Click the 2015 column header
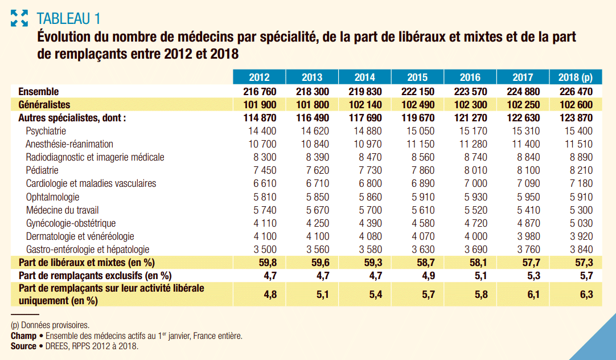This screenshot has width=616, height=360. (x=417, y=77)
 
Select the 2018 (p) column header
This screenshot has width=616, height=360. (x=576, y=77)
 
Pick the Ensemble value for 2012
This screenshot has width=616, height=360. (x=260, y=92)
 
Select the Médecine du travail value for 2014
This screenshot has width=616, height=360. (x=365, y=210)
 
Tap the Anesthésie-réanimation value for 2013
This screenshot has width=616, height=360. (x=312, y=144)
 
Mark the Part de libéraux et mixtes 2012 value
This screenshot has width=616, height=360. (x=260, y=263)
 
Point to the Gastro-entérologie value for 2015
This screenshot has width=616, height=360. (x=417, y=249)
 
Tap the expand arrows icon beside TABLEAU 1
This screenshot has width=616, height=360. (x=19, y=18)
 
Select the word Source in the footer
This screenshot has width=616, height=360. (x=23, y=346)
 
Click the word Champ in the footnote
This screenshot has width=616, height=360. (x=23, y=336)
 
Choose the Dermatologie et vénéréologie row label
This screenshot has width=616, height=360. (x=80, y=236)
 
